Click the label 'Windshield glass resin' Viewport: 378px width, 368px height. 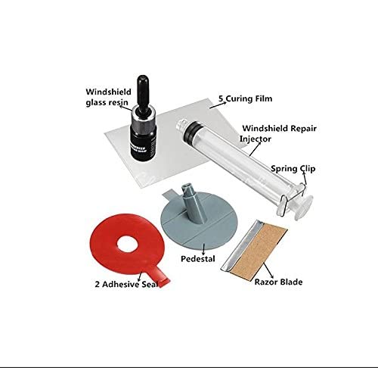110,98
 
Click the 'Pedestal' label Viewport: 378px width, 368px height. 199,258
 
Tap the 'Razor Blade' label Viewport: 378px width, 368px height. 278,282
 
